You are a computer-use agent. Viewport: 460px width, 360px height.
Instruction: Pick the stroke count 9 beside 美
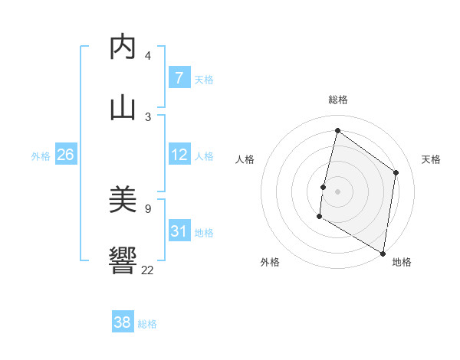[147, 208]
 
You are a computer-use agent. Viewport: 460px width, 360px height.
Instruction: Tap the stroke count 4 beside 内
[147, 55]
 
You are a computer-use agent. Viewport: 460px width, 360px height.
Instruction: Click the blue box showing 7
[179, 78]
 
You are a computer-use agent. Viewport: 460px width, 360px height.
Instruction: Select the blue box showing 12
[179, 155]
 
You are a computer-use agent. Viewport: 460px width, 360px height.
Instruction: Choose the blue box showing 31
[179, 231]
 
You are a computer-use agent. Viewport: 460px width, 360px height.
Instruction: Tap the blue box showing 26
[65, 155]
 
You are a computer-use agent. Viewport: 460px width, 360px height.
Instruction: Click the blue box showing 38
[123, 322]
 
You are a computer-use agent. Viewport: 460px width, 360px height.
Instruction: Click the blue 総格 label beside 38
[147, 324]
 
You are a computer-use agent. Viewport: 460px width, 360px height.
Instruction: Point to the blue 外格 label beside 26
[41, 156]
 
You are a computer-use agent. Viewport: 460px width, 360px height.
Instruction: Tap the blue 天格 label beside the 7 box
[204, 80]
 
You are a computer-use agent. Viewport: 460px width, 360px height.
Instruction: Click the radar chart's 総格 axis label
[337, 100]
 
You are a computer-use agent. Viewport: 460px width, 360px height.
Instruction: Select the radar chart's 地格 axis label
[402, 262]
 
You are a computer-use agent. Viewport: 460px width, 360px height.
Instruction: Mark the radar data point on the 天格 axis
[396, 172]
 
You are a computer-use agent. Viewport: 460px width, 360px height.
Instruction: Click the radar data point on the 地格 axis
[383, 253]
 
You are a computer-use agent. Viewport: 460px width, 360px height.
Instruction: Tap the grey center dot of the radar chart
[337, 191]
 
